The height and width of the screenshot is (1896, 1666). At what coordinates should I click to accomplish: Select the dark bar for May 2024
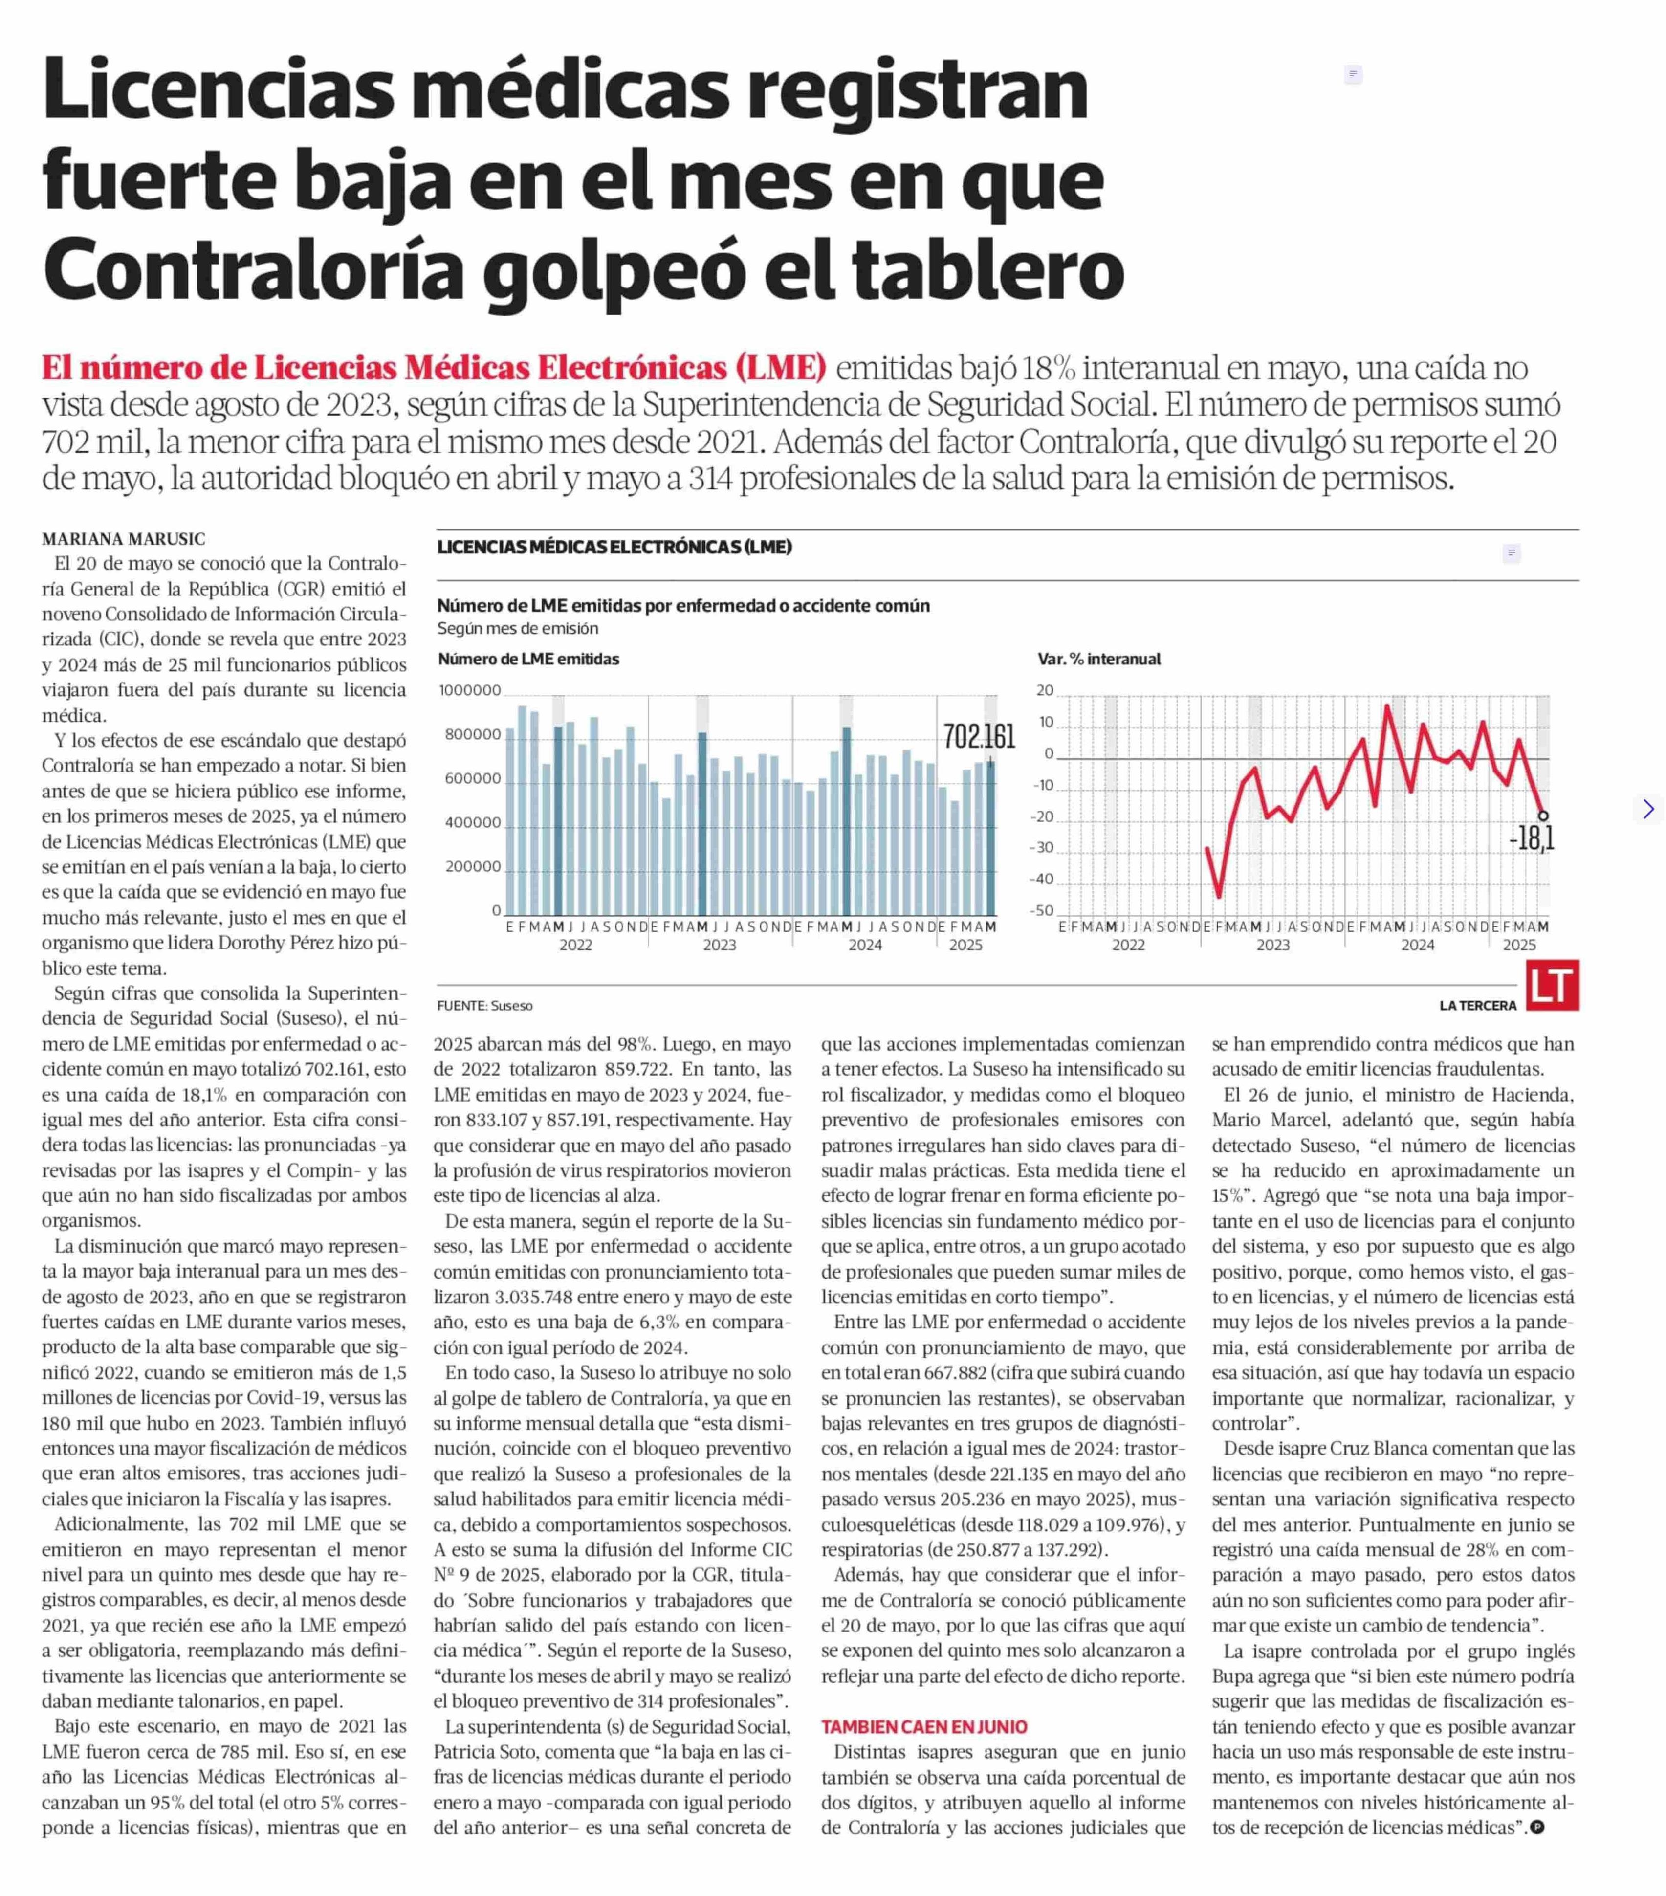pos(847,822)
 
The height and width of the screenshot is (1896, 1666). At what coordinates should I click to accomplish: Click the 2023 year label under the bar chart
pos(719,945)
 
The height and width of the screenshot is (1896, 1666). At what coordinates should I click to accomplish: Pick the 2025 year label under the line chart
pos(1518,945)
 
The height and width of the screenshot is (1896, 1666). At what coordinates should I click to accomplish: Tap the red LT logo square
pos(1552,985)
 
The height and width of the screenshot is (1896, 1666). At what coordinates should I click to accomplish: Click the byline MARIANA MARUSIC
pos(123,539)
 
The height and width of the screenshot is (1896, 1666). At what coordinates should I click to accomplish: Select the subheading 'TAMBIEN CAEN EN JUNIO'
pos(924,1727)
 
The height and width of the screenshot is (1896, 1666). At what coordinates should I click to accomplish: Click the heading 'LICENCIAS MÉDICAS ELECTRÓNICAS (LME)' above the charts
pos(614,547)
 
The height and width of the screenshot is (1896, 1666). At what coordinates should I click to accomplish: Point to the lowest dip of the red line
pos(1219,896)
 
